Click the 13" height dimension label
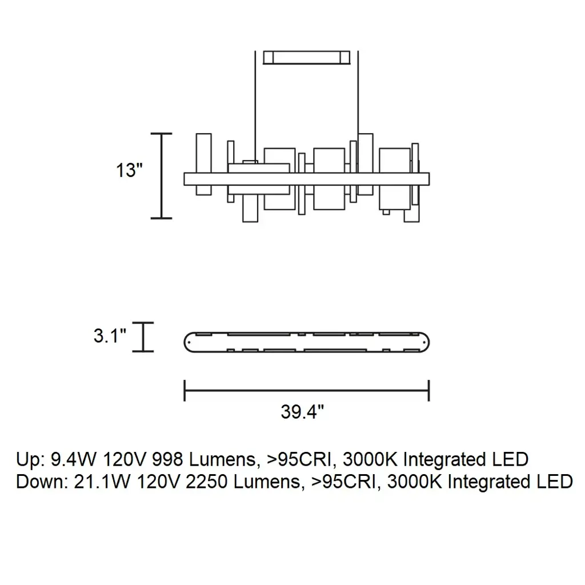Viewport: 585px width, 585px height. pos(129,170)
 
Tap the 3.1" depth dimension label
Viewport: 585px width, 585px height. pos(110,335)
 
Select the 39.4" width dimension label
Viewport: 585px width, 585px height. pos(302,412)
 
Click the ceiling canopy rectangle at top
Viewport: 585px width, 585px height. pos(306,58)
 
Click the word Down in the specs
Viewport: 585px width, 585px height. pos(39,482)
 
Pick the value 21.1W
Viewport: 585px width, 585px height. pos(102,482)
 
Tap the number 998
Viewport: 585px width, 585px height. pos(167,459)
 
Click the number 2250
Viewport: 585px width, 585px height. pos(206,482)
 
